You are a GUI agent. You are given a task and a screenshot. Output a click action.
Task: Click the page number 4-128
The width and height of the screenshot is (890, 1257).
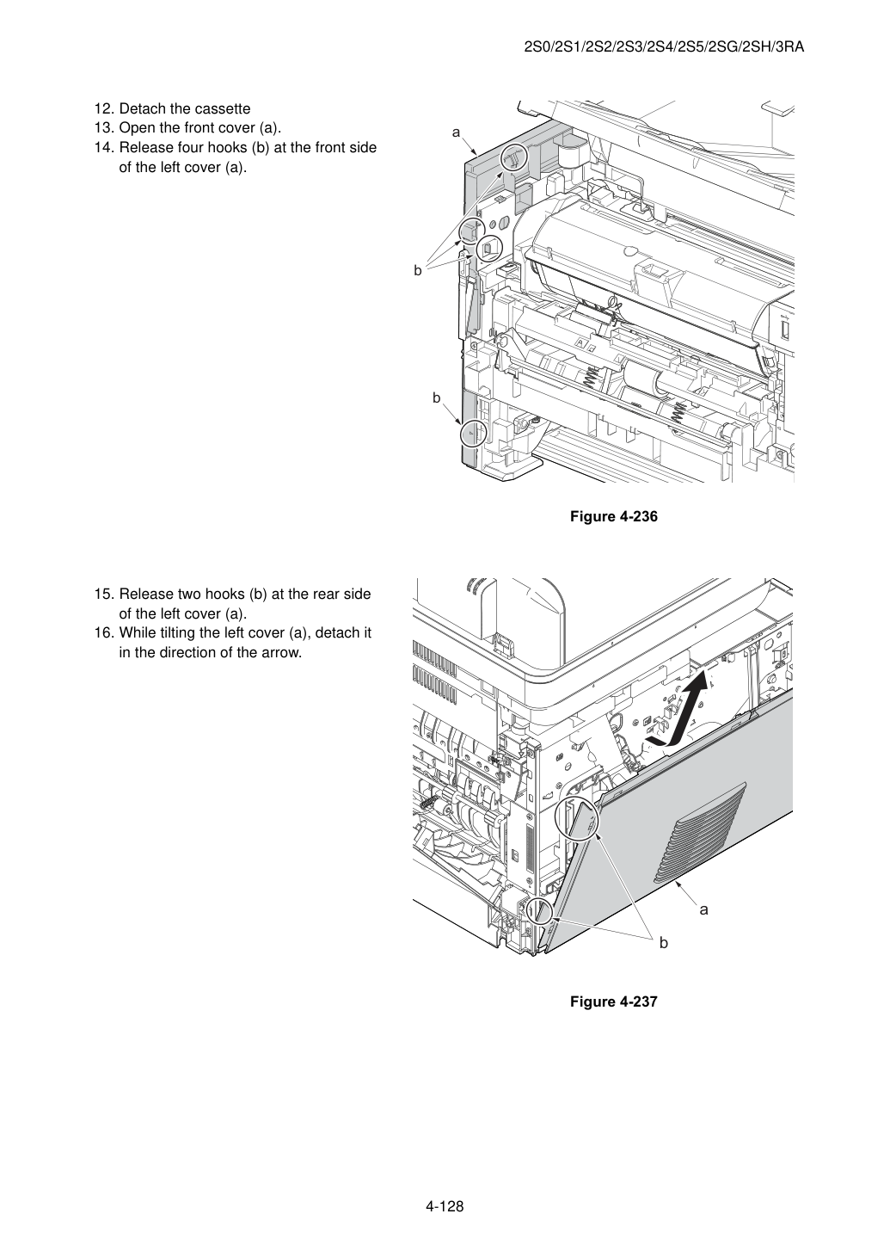445,1204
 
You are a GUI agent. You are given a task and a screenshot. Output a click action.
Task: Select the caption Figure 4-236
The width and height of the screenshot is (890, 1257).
613,516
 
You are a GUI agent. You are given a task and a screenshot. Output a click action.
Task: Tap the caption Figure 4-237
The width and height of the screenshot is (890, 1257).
613,1001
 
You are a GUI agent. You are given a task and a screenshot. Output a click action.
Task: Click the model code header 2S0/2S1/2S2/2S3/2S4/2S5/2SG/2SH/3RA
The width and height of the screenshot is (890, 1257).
664,47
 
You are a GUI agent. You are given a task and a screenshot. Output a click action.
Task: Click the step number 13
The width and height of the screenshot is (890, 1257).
103,128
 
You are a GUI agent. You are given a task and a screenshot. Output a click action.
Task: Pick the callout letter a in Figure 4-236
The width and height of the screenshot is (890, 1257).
456,132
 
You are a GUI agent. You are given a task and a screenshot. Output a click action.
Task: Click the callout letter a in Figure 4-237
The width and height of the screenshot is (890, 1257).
703,909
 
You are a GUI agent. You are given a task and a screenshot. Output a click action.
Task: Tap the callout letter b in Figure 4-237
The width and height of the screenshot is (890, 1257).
664,943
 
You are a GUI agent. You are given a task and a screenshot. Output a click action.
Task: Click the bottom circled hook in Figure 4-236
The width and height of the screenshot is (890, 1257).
474,434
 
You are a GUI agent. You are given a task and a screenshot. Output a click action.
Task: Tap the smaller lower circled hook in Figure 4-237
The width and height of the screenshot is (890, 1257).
541,910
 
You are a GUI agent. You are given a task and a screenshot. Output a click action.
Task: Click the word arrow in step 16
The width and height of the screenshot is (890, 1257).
284,653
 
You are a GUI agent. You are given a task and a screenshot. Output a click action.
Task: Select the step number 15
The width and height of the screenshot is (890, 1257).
103,594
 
